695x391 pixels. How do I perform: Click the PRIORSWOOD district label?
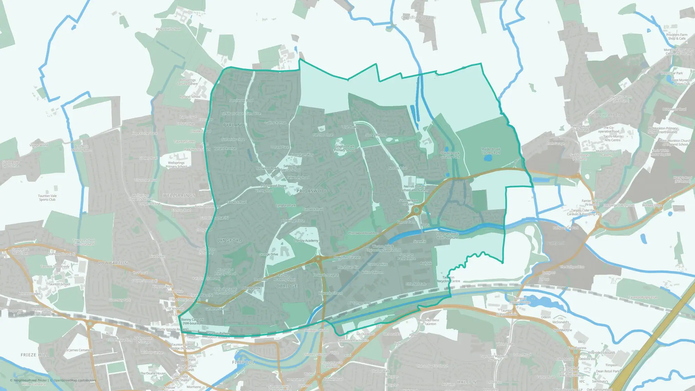pos(312,191)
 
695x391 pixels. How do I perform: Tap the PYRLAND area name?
pos(234,125)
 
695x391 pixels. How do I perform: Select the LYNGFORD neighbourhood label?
pos(230,241)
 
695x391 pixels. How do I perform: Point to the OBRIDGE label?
pos(287,286)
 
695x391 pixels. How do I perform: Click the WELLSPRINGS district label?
pos(179,196)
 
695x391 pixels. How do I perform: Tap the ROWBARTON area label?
pos(113,263)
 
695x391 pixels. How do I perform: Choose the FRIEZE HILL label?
pos(35,355)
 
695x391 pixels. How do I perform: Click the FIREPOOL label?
pos(244,362)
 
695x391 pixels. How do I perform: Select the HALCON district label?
pos(467,382)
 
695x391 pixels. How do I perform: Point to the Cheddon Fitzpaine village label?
pos(418,18)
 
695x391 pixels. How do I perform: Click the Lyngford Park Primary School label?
pos(345,148)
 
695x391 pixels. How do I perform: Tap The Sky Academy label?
pos(306,241)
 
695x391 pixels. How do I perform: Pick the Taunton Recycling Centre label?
pos(448,279)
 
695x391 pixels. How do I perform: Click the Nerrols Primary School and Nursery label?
pos(415,188)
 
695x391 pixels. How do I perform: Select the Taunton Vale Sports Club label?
pos(47,198)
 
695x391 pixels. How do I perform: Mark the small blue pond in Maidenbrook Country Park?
pos(488,158)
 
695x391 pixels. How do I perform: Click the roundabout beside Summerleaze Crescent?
pos(416,210)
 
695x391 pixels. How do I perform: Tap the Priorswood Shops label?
pos(273,186)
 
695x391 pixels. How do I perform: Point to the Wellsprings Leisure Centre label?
pos(187,82)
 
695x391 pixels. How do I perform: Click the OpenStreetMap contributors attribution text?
pos(74,380)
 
